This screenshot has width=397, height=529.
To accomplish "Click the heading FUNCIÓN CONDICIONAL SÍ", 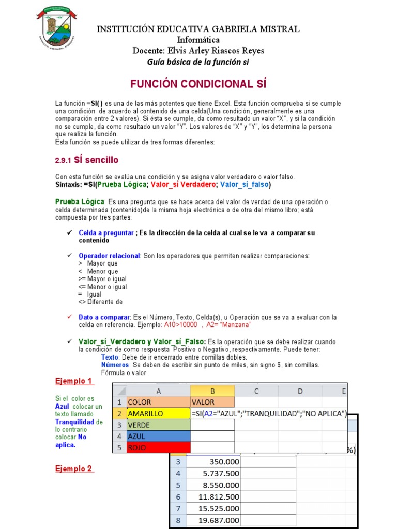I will (x=198, y=84).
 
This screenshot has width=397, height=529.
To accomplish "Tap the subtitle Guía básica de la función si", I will (x=198, y=61).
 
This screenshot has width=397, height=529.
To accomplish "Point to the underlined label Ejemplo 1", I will (x=74, y=381).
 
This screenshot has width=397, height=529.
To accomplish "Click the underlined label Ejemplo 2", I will (x=74, y=469).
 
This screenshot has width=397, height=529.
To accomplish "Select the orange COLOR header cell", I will (x=158, y=402).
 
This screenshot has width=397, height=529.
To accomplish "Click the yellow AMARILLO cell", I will (x=158, y=413).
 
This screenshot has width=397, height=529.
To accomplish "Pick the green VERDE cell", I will (x=158, y=425).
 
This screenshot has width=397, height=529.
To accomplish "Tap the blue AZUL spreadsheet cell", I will (x=158, y=436).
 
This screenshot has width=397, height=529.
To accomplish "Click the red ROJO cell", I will (x=158, y=447).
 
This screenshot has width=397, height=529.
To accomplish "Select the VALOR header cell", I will (x=212, y=402).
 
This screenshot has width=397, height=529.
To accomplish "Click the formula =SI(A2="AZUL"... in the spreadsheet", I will (x=268, y=413).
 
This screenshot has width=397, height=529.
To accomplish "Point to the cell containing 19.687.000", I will (x=213, y=520).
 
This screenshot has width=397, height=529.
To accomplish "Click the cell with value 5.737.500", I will (x=213, y=473).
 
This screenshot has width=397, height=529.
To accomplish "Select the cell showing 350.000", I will (x=213, y=461).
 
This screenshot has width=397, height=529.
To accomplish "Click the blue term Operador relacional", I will (x=109, y=256).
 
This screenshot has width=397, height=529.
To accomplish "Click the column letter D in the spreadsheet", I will (x=300, y=391).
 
